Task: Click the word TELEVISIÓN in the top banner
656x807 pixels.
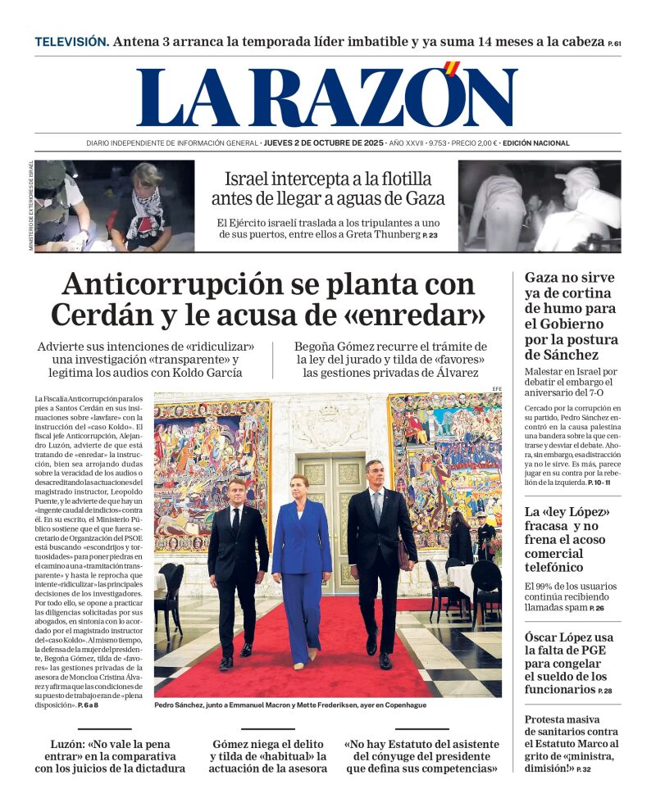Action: tap(71, 42)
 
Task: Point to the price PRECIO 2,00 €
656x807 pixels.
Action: tap(475, 143)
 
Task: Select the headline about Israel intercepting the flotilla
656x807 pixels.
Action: tap(328, 188)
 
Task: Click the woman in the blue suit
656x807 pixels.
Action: tap(301, 565)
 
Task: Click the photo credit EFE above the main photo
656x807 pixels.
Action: tap(496, 388)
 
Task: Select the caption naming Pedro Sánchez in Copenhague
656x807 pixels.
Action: tap(290, 705)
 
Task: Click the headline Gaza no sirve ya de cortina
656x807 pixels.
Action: tap(570, 315)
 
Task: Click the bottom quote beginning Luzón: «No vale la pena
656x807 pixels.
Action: tap(110, 755)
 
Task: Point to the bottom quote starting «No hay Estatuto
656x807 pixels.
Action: tap(421, 755)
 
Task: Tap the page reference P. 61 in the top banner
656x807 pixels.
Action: tap(614, 43)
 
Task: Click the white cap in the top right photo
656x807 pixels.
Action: tap(577, 177)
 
